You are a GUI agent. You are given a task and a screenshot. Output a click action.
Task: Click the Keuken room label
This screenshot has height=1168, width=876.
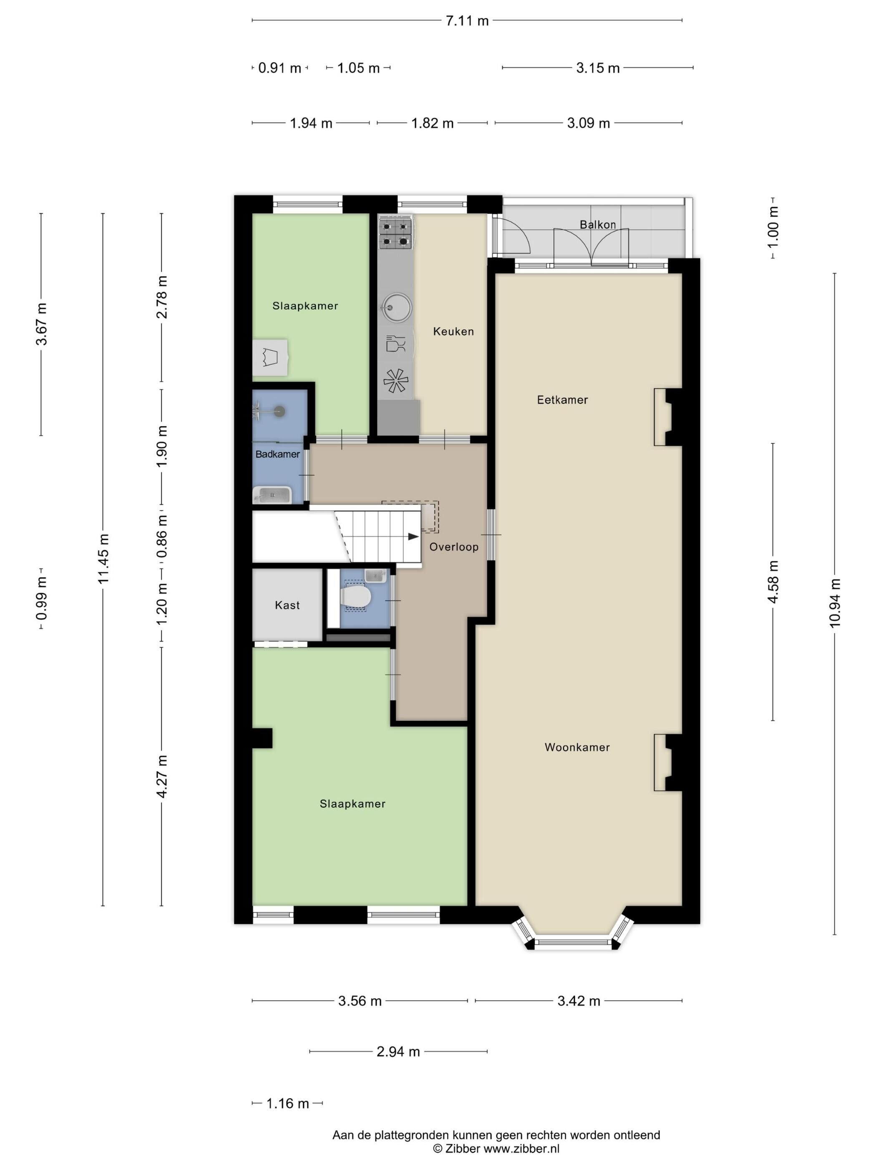[x=453, y=332]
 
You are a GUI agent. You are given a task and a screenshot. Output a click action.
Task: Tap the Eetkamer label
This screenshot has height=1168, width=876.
[x=562, y=400]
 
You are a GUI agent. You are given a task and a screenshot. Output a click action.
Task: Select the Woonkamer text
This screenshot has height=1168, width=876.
[x=577, y=747]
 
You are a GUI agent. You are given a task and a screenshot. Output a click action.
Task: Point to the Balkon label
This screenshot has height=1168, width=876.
[x=598, y=224]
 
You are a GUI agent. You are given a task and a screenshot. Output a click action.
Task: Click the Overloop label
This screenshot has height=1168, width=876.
[x=453, y=547]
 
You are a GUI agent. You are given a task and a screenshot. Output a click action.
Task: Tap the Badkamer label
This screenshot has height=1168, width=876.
[x=278, y=454]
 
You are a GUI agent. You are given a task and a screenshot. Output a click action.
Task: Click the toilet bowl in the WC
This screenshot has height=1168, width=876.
[x=356, y=597]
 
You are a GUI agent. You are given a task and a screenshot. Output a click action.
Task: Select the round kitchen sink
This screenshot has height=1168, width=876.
[x=395, y=307]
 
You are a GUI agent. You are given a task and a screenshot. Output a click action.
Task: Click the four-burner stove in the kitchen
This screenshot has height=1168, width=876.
[x=395, y=234]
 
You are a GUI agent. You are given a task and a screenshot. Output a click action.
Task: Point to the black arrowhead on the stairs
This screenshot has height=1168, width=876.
[x=413, y=536]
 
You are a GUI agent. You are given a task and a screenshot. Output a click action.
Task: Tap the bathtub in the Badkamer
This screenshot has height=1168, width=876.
[x=272, y=495]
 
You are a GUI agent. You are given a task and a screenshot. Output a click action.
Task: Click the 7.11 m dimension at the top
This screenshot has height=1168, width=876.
[x=467, y=20]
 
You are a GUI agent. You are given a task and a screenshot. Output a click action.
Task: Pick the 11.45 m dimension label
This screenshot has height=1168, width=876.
[x=103, y=558]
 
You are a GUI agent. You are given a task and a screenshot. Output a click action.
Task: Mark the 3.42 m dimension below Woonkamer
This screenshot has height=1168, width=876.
[x=579, y=1001]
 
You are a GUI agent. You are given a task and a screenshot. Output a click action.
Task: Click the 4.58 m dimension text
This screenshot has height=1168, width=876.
[x=773, y=581]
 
